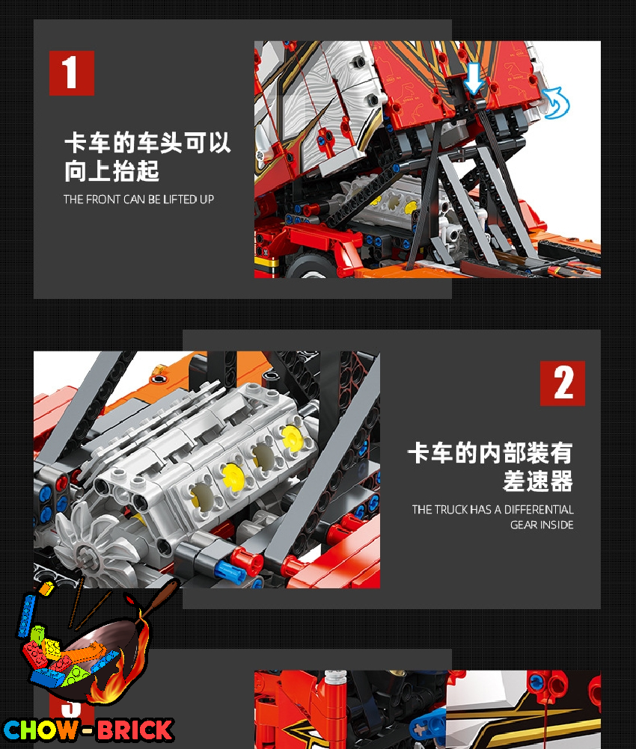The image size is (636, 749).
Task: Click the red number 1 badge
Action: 72,73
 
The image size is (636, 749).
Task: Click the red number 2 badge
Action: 563,383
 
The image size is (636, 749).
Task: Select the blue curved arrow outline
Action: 557,102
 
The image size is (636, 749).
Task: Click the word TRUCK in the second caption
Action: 451,510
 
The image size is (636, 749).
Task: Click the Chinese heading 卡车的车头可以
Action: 147,143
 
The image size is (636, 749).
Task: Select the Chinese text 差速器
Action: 538,481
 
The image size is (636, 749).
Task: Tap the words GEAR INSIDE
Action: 542,525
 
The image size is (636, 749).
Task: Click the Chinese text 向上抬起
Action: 112,171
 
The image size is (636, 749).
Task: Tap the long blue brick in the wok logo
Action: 26,616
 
